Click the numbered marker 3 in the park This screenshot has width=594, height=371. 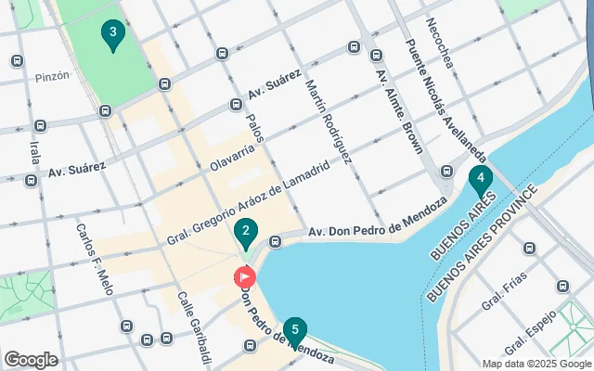coord(112,35)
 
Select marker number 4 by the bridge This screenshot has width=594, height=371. coord(480,179)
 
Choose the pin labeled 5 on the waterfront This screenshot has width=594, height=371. coord(295,330)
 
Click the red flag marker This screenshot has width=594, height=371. coord(245,276)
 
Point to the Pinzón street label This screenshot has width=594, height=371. coord(51,77)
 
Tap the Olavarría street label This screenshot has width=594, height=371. coord(232,157)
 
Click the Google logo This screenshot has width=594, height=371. coord(32,359)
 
